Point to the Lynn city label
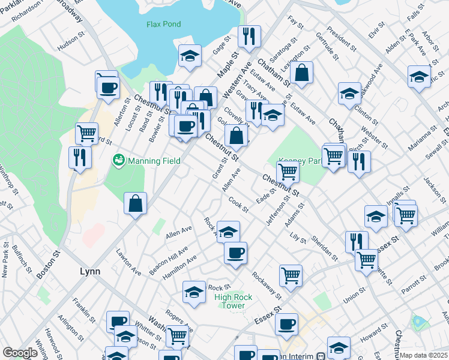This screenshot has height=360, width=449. pyautogui.click(x=90, y=271)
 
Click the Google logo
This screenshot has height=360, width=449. pyautogui.click(x=20, y=353)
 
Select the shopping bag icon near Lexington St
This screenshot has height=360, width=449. pyautogui.click(x=303, y=73)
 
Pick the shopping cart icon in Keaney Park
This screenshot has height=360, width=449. pyautogui.click(x=289, y=172)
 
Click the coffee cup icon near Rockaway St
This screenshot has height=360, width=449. pyautogui.click(x=236, y=253)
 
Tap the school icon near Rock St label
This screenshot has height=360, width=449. pyautogui.click(x=194, y=293)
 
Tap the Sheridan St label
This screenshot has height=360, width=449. pyautogui.click(x=324, y=248)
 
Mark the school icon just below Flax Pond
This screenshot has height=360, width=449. pyautogui.click(x=190, y=57)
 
